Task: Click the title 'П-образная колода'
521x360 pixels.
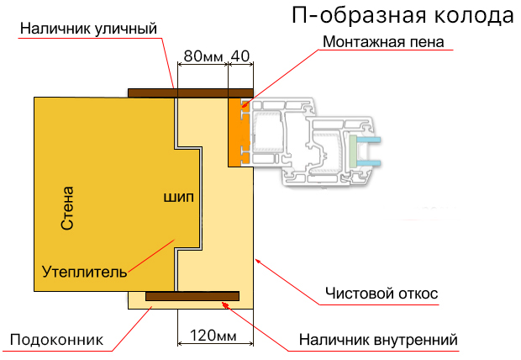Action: [x=402, y=15]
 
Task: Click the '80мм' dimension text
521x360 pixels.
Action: [x=203, y=56]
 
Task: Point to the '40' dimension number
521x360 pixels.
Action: [x=240, y=56]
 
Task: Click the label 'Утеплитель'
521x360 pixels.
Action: [x=85, y=271]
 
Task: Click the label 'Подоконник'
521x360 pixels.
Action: [x=55, y=340]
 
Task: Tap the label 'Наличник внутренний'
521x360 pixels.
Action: [x=378, y=340]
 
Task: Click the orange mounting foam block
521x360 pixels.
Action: [x=236, y=130]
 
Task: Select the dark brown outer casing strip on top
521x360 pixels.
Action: [x=190, y=93]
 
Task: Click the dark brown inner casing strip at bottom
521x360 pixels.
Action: [x=192, y=296]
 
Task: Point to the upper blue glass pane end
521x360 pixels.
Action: [x=371, y=138]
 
